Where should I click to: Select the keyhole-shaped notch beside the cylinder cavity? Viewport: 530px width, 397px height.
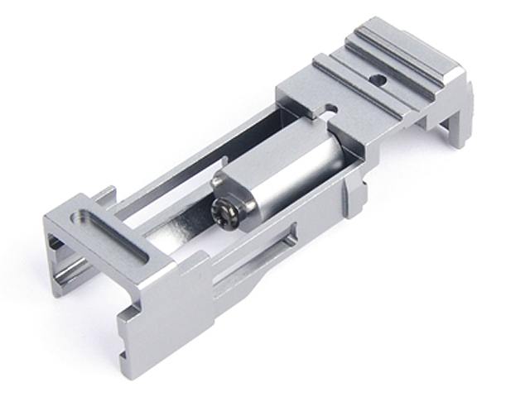click(x=330, y=109)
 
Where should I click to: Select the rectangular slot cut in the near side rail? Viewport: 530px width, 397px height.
click(x=277, y=244)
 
